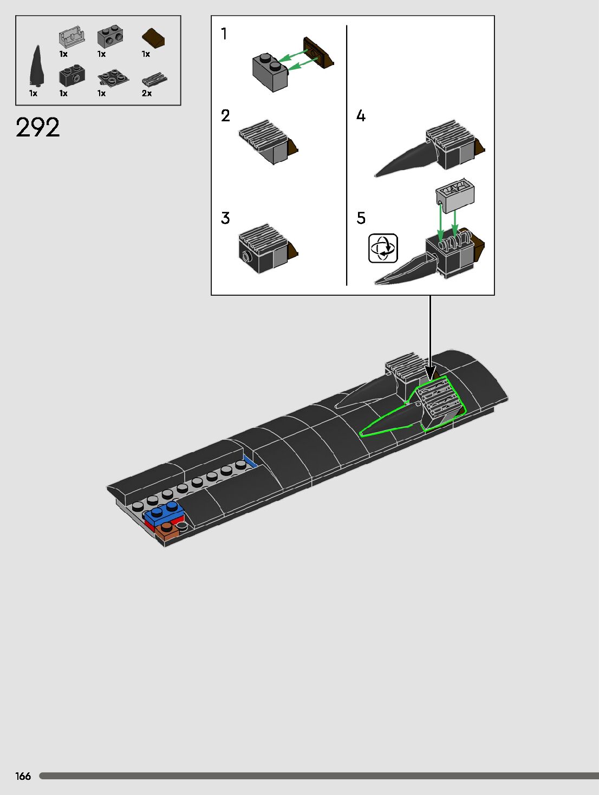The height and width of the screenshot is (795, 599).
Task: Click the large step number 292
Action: (37, 128)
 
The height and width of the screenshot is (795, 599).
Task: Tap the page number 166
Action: (23, 776)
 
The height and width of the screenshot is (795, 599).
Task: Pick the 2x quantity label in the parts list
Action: (147, 93)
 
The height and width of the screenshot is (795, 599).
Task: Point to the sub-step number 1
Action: (224, 34)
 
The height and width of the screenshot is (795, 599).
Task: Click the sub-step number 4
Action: (361, 115)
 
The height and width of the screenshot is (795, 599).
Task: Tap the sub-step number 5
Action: (361, 218)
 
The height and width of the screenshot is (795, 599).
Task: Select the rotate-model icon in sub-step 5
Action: (383, 248)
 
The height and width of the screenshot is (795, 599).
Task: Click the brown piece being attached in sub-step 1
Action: (318, 53)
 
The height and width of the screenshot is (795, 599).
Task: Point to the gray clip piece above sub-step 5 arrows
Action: (455, 194)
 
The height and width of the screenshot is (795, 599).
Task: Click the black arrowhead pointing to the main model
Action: (430, 373)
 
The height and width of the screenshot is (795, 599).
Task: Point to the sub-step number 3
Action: (225, 218)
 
